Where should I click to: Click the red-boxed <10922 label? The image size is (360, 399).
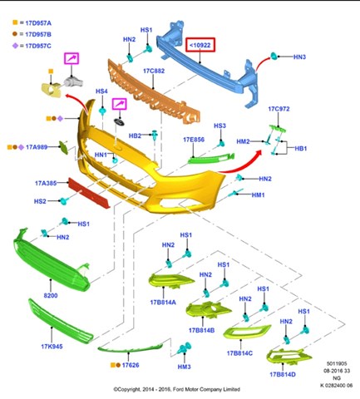[200, 45]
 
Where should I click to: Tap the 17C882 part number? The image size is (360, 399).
[154, 71]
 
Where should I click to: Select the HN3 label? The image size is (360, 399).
[299, 57]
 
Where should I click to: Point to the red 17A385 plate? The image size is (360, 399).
[89, 193]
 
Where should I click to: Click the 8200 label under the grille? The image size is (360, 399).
[51, 295]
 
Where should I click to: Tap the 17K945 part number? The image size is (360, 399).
[52, 347]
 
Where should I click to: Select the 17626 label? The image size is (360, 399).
[131, 365]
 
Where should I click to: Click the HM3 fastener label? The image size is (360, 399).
[185, 367]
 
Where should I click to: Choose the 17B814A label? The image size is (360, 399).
[163, 303]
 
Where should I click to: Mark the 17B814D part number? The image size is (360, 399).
[283, 375]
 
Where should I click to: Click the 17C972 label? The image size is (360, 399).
[279, 109]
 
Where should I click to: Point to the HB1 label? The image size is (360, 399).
[301, 149]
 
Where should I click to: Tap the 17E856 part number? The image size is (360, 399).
[194, 140]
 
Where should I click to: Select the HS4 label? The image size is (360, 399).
[101, 91]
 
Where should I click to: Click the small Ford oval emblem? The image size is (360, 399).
[119, 122]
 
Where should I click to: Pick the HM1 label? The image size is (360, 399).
[258, 195]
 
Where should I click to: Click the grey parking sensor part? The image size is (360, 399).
[73, 81]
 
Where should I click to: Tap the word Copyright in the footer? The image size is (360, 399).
[130, 389]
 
